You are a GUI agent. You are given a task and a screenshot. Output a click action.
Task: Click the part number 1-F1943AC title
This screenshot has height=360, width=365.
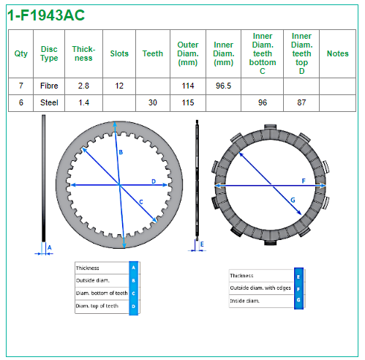coord(46,15)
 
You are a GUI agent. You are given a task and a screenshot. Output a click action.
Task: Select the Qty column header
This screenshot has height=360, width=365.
coord(21,53)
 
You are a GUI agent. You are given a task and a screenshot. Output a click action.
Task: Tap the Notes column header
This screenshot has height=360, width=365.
coord(338,53)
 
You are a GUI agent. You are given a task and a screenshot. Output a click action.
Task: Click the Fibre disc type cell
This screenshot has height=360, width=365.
coord(49,86)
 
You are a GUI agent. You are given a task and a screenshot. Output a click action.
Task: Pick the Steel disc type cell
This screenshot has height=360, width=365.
coord(49,102)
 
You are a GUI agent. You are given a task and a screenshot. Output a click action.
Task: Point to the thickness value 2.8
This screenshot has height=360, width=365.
coord(83,86)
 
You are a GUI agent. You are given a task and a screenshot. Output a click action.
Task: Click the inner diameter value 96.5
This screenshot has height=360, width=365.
coord(223,86)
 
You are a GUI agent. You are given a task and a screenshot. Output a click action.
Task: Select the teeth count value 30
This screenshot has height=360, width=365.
coord(153,102)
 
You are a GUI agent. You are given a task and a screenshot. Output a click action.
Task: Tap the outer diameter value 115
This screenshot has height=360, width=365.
coord(188,102)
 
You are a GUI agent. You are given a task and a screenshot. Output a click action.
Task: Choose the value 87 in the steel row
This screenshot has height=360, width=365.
coord(301,102)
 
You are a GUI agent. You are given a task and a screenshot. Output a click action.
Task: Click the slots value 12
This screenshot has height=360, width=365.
coord(119,86)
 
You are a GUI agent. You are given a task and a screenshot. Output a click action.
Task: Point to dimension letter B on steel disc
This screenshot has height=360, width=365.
coord(121,152)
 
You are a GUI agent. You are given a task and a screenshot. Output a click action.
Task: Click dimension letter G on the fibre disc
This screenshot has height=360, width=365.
coord(293,200)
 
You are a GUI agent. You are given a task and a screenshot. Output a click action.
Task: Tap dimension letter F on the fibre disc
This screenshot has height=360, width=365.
coord(304,181)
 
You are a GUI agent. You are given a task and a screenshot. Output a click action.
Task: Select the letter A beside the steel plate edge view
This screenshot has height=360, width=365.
coord(50,248)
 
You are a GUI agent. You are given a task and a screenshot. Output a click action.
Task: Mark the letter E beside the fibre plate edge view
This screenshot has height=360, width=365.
coord(202,244)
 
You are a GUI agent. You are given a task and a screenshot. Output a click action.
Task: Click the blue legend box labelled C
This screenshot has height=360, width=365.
coord(133,293)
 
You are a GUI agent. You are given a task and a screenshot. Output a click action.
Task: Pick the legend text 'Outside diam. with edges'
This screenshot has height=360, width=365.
coord(260,288)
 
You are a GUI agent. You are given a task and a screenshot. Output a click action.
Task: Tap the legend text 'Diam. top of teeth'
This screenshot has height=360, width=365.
coord(97,306)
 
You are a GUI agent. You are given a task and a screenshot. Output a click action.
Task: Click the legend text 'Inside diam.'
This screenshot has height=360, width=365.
coord(244,301)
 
